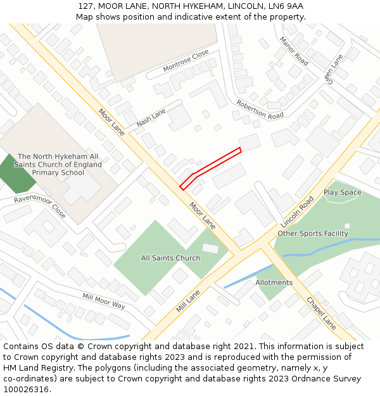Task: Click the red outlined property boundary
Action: [211, 167]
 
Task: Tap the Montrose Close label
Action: [186, 60]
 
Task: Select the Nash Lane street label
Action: [151, 117]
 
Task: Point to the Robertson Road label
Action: [260, 110]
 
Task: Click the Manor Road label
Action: [294, 51]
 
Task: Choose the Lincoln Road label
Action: [298, 212]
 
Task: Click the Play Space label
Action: [342, 193]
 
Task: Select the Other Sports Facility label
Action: [313, 234]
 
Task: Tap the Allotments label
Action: [274, 283]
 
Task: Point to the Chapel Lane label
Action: [321, 313]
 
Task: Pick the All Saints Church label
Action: [170, 258]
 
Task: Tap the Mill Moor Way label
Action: [103, 300]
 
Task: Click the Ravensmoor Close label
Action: [40, 207]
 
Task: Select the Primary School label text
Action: [58, 172]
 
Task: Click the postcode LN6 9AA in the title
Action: [288, 6]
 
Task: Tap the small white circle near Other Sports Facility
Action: [347, 226]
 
